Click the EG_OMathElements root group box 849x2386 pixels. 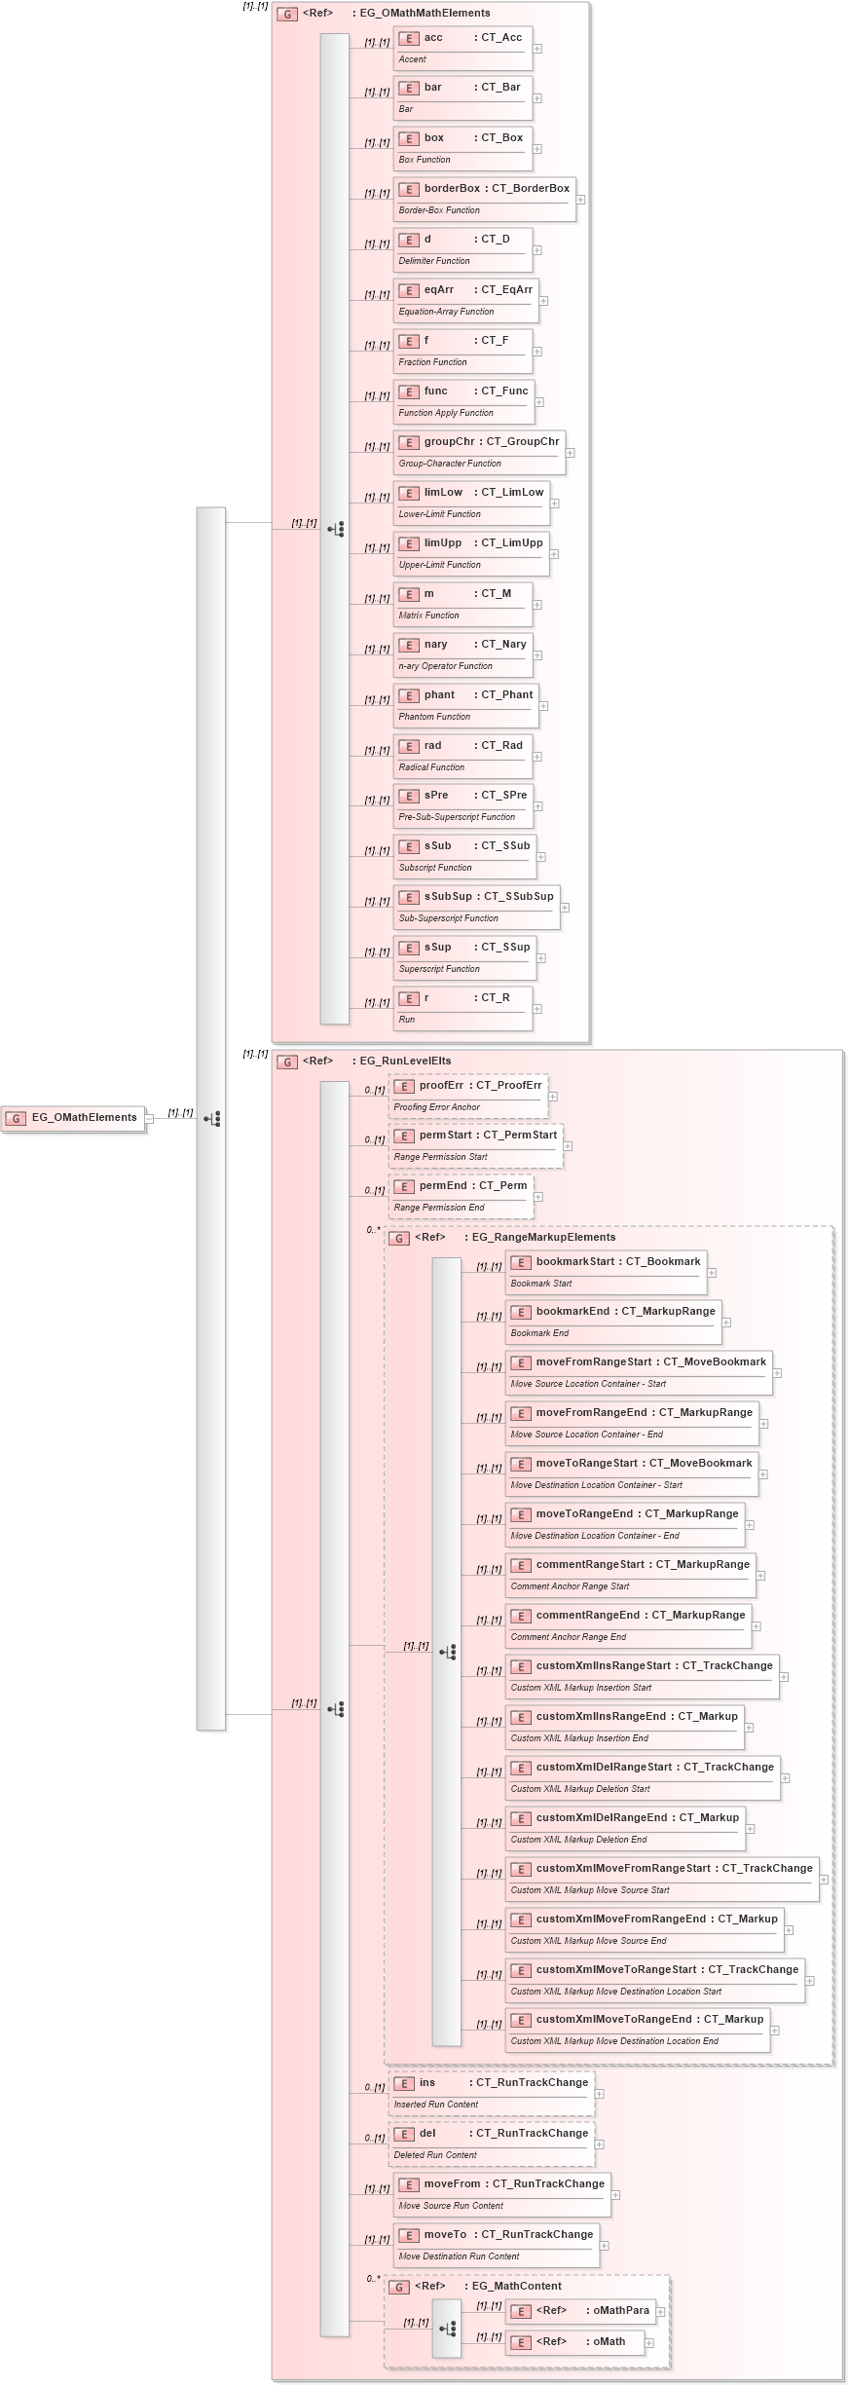pos(74,1118)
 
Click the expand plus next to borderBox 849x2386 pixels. pos(580,200)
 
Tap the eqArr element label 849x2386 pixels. pos(439,290)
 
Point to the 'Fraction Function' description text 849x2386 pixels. pos(432,362)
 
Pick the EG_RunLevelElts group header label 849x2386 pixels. pos(405,1062)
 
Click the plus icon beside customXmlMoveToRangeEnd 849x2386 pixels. pos(775,2031)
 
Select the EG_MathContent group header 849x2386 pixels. pos(516,2287)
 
